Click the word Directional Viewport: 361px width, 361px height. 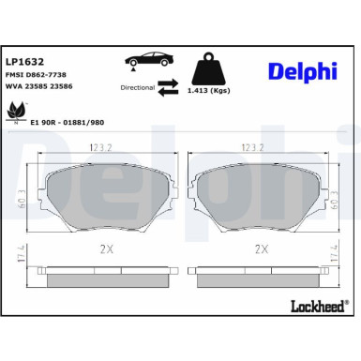(138, 87)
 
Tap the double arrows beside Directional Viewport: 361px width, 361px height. (168, 87)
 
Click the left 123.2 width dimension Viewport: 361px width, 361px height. (99, 148)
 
